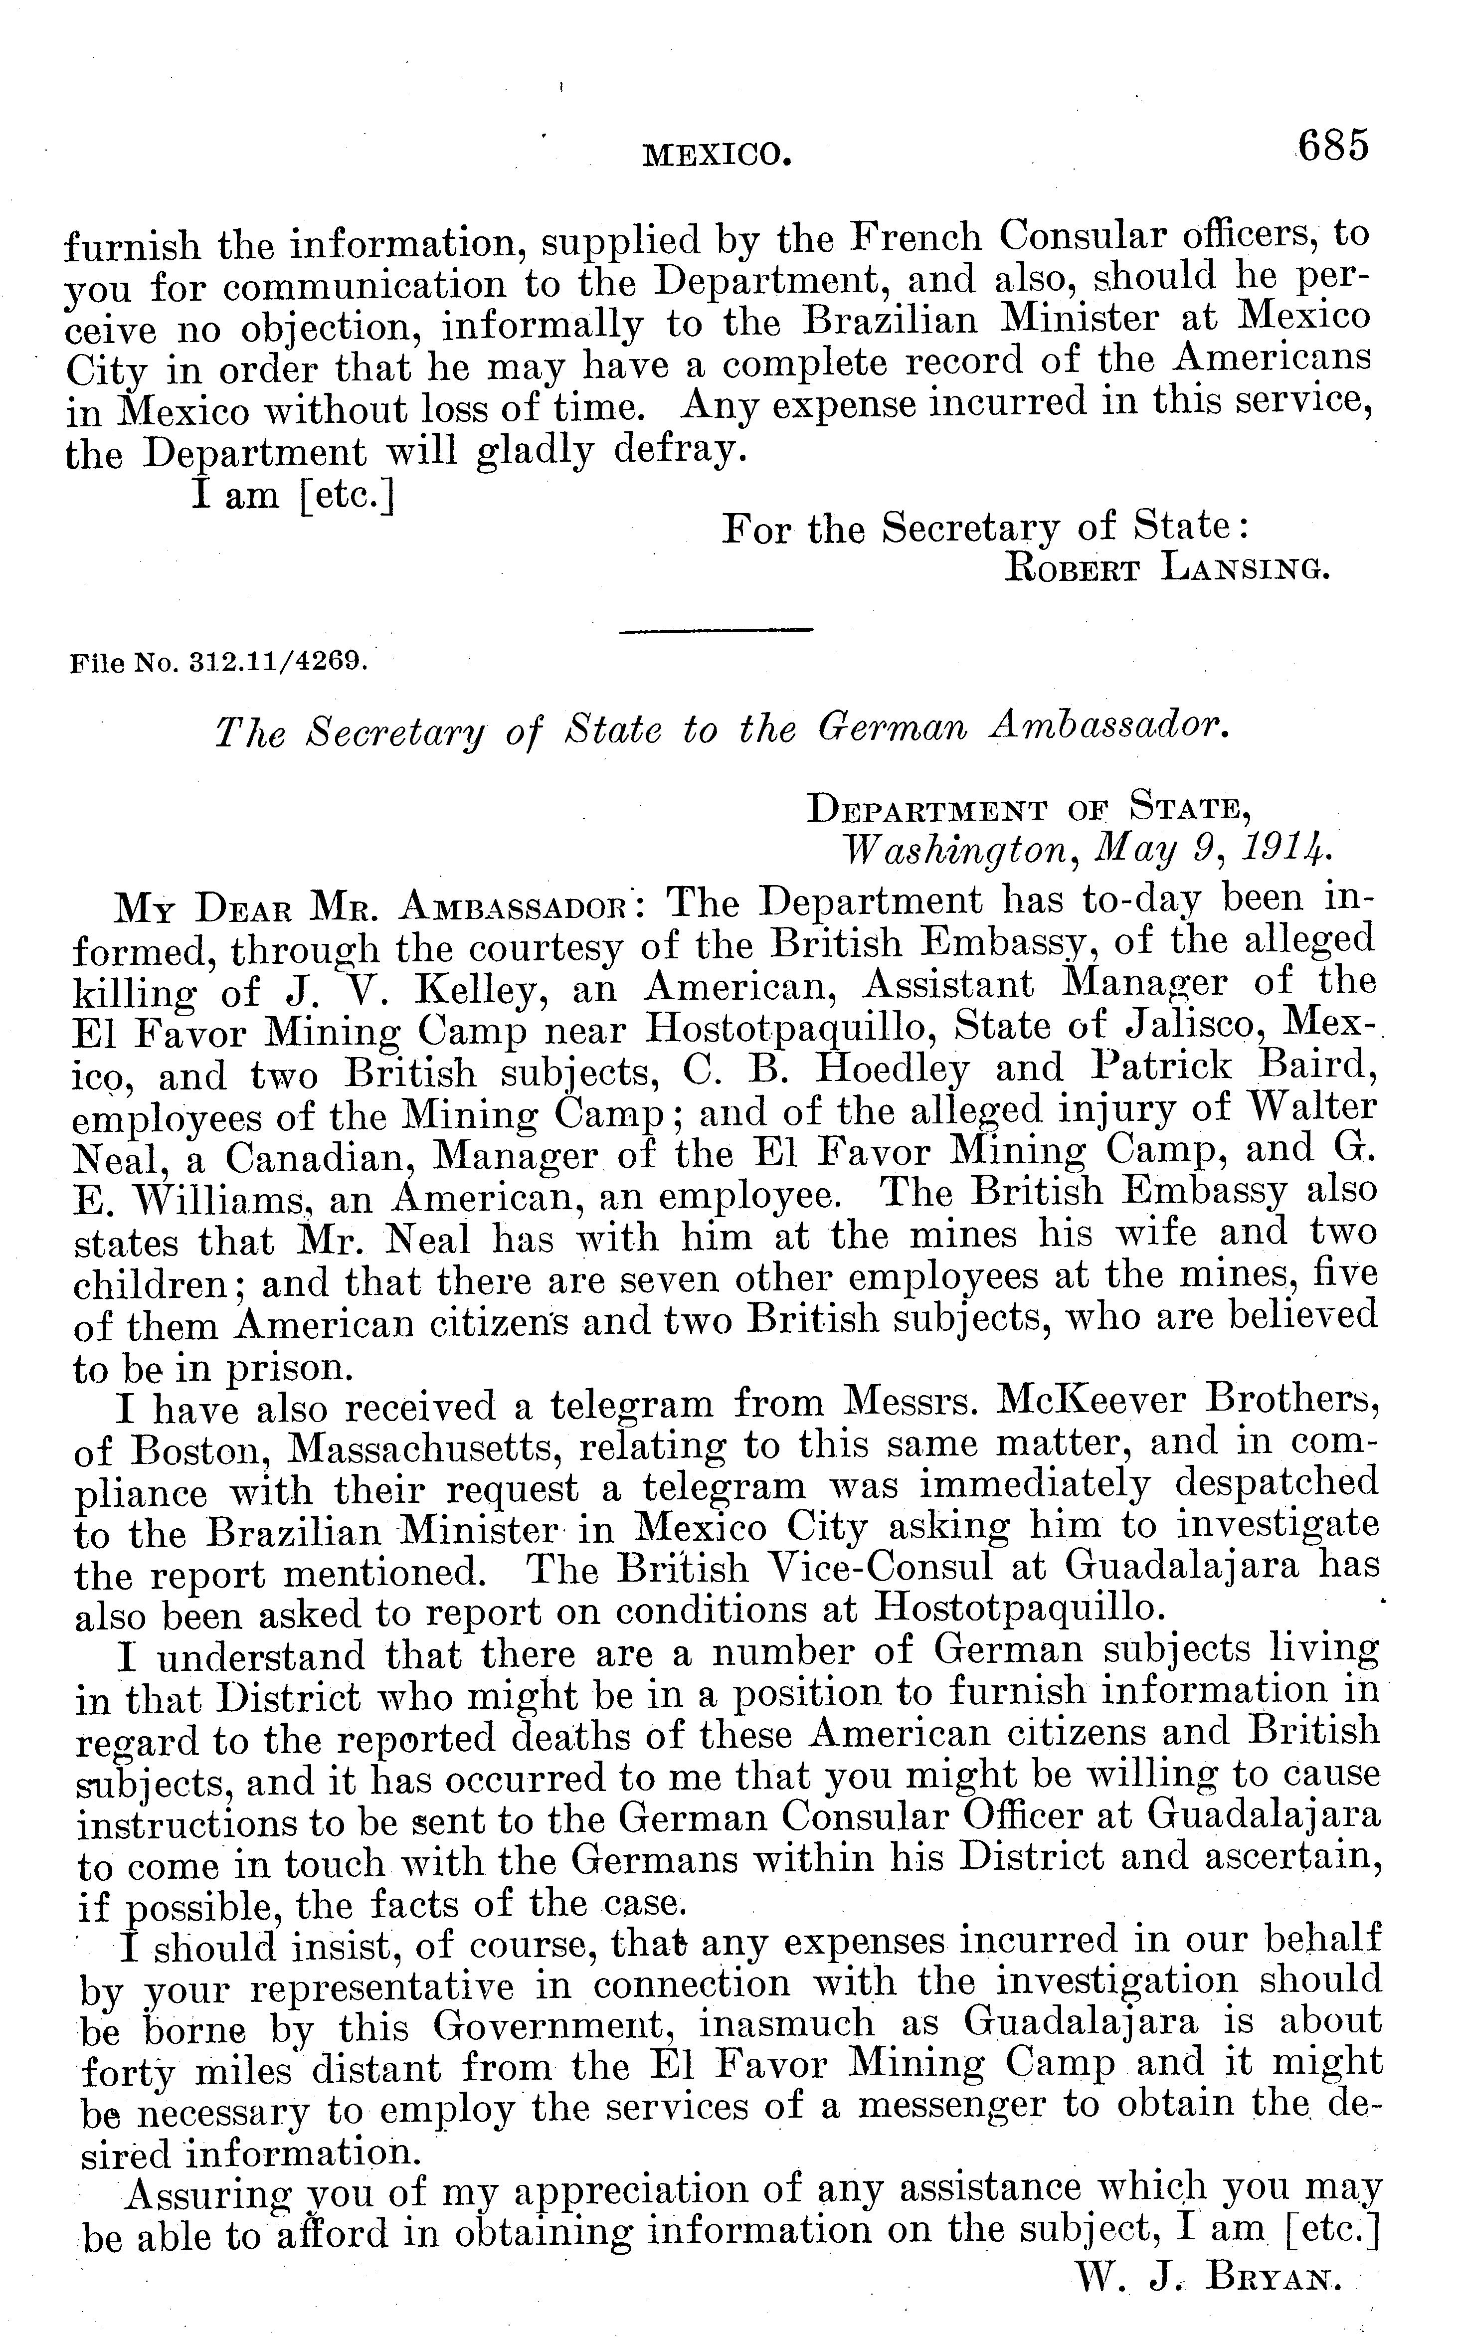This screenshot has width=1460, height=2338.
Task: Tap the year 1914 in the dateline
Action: [1286, 850]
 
